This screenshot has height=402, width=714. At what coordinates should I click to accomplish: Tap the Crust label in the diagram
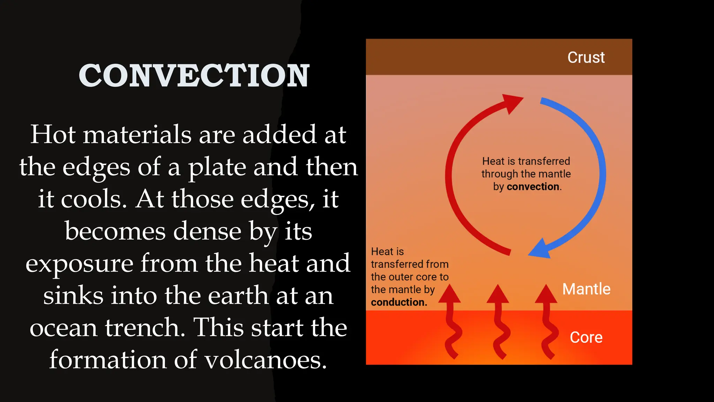pos(586,58)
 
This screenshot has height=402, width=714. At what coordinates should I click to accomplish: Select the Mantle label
pos(586,289)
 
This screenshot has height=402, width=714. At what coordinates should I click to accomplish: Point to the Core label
pos(586,337)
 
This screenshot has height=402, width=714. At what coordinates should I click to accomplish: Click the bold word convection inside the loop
pos(533,187)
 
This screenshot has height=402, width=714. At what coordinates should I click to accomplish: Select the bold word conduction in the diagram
pos(399,302)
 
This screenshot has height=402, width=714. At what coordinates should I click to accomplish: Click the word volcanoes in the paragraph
pos(266,360)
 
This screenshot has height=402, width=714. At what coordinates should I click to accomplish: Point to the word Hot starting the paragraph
pos(53,134)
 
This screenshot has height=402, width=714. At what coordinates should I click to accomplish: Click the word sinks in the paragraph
pos(73,296)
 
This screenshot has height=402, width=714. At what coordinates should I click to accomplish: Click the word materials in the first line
pos(137,134)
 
